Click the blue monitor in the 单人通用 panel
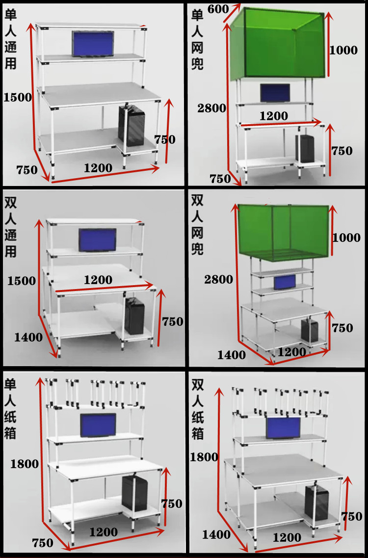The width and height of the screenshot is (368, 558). [x=93, y=43]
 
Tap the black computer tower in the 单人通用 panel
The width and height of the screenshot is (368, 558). [x=131, y=126]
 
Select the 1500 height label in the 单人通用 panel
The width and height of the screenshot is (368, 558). [x=17, y=97]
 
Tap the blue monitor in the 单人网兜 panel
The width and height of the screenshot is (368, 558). [x=274, y=93]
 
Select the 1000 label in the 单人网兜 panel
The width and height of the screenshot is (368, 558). [x=343, y=50]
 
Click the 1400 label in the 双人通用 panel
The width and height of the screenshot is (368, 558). [x=28, y=337]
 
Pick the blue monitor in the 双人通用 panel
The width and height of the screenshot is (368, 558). [x=97, y=239]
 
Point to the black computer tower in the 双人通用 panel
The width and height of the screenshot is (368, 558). [x=134, y=317]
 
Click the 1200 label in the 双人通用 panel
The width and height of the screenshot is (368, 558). [x=98, y=280]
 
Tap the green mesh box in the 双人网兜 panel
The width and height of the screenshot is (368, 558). [x=283, y=231]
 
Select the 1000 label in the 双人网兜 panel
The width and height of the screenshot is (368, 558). [x=346, y=238]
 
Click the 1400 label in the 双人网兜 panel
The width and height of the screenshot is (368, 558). [x=232, y=355]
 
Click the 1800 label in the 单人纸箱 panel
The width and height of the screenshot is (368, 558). [x=24, y=463]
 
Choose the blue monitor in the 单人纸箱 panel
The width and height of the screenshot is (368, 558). [x=98, y=425]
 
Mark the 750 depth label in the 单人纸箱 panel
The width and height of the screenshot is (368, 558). [x=43, y=543]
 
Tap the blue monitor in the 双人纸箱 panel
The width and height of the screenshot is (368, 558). [x=283, y=428]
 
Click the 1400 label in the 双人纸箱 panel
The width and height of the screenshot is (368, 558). [x=216, y=534]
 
